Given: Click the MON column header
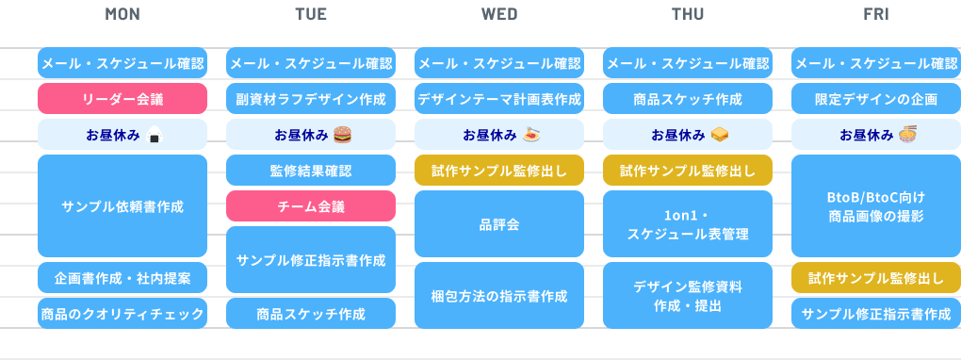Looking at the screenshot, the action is point(122,14).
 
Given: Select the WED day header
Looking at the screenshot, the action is point(499,14).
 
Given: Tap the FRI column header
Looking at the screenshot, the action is point(876,14).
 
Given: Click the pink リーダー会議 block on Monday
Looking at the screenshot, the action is point(122,99).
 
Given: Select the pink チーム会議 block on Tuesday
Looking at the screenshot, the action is point(311,206).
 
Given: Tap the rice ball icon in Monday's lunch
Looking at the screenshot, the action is point(155,135).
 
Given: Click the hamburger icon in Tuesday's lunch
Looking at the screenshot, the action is point(343,135).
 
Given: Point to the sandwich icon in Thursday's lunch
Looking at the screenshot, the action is point(720,135).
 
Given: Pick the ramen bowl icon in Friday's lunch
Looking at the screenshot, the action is point(907,135).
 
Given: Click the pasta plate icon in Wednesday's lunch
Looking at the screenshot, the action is point(530,135).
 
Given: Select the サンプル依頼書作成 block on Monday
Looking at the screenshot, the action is point(122,206).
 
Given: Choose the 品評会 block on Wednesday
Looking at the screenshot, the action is point(499,224).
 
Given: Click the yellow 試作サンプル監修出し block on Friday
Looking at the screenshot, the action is point(876,278).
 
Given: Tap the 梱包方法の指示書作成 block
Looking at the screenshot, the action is point(499,296).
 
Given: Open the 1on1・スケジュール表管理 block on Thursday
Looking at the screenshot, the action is point(688,224).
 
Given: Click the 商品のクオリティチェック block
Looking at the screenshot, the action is point(122,314).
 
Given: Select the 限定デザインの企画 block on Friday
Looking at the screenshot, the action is point(876,99).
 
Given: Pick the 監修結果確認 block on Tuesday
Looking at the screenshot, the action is point(311,171).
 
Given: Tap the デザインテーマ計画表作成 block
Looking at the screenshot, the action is point(499,99).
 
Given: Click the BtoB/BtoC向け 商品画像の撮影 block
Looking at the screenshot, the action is point(876,206).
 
